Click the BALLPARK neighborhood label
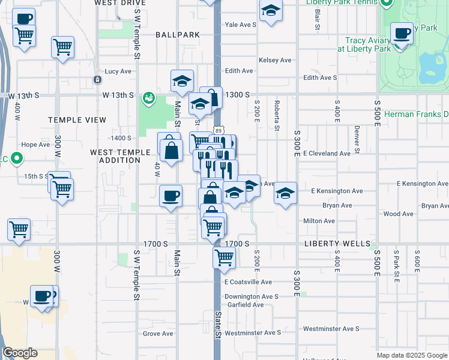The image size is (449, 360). (177, 35)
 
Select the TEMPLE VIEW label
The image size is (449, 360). (77, 120)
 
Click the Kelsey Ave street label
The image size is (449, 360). (275, 60)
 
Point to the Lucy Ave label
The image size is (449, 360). (118, 71)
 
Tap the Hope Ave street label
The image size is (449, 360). (35, 145)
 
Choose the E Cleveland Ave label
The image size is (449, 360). (327, 154)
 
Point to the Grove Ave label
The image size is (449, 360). (158, 334)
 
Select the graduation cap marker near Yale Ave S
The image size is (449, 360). (271, 10)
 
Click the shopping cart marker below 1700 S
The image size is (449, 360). (224, 257)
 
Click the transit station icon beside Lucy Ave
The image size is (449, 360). (97, 79)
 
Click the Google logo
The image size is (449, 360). (20, 353)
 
